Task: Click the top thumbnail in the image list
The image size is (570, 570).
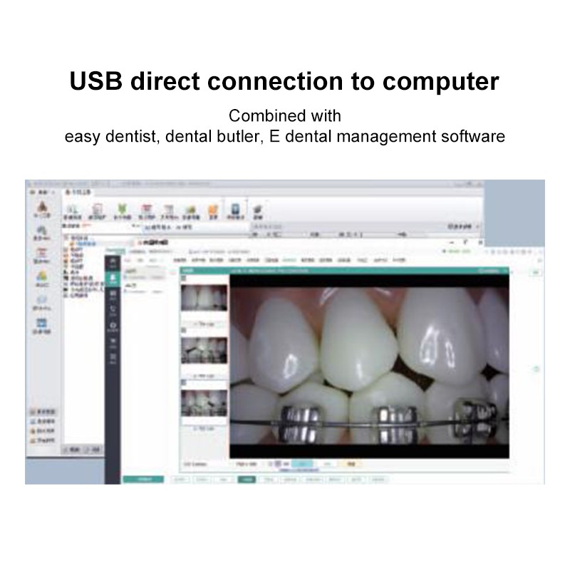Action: pyautogui.click(x=203, y=298)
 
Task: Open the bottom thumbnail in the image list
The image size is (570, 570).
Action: pyautogui.click(x=203, y=402)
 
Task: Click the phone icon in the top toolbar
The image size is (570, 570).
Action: pyautogui.click(x=234, y=209)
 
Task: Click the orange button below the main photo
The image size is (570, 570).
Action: pyautogui.click(x=348, y=464)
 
